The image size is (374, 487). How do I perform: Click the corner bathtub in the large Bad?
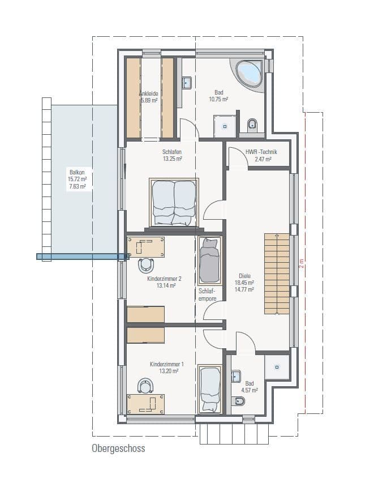pos(248,74)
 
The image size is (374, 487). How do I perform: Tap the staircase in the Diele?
pos(277,274)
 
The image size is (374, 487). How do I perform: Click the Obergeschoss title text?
pos(118,448)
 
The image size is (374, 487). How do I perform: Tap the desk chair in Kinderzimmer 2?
pos(147,264)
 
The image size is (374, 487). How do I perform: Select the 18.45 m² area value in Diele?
pos(244,282)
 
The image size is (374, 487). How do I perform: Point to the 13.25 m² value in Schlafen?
pos(172,159)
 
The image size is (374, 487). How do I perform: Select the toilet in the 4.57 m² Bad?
pos(238,401)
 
